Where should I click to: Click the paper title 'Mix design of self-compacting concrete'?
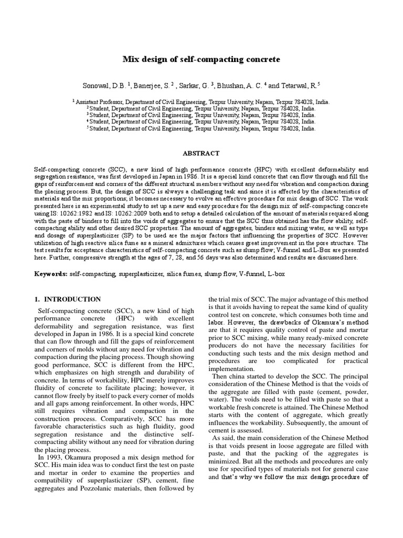201,59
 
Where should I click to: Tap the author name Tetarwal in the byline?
299,84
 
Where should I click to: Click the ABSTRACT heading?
201,153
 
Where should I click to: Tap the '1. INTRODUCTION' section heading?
68,299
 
